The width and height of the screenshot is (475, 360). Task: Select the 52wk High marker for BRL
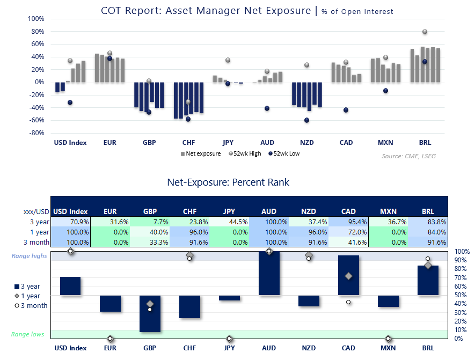click(x=425, y=32)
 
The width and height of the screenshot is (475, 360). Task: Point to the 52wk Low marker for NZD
click(x=306, y=120)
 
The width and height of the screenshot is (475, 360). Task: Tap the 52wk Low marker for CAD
click(x=346, y=110)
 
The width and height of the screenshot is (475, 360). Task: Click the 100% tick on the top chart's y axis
click(x=36, y=19)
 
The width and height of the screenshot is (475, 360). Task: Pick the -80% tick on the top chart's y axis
click(x=36, y=133)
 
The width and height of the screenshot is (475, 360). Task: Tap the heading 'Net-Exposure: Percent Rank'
click(x=228, y=182)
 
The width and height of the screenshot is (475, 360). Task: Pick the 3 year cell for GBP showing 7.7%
click(x=150, y=222)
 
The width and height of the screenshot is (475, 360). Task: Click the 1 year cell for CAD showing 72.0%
click(x=349, y=232)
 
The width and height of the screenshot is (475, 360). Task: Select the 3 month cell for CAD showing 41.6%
click(x=349, y=242)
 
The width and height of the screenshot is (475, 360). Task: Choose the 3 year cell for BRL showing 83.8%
click(x=428, y=222)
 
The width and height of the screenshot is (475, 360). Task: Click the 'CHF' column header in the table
click(x=189, y=212)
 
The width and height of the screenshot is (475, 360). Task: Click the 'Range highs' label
click(x=30, y=256)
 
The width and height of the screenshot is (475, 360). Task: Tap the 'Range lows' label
click(x=28, y=334)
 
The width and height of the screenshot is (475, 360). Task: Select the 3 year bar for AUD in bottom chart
click(x=269, y=274)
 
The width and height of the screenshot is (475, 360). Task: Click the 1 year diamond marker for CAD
click(x=348, y=276)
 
